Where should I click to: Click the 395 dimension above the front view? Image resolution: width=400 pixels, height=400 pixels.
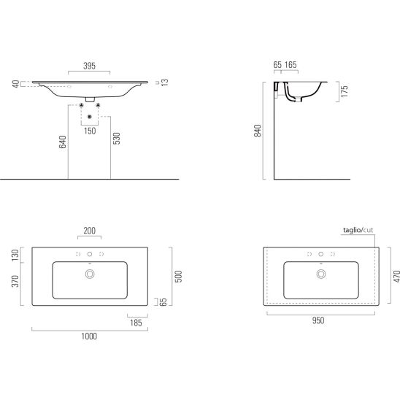pos(89,66)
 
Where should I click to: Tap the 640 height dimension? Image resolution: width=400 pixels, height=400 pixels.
pos(63,142)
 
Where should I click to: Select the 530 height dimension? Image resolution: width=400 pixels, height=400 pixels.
pos(117,139)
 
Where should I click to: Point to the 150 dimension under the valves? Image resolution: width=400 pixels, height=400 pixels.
pos(90,131)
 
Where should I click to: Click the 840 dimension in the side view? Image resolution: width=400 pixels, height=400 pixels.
pos(258,131)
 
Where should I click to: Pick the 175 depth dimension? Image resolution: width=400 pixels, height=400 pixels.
pos(345,91)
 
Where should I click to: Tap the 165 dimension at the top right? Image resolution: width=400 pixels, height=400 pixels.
pos(291,65)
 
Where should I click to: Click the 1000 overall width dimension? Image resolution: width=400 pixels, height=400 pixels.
pos(89,336)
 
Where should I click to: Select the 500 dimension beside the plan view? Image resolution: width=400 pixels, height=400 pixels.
pos(179,276)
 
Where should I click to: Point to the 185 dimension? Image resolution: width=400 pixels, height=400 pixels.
pos(136,323)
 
